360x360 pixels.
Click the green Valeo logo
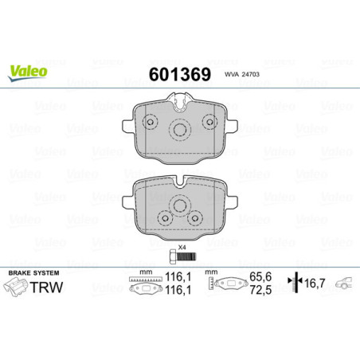pyautogui.click(x=28, y=70)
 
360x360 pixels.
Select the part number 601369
pyautogui.click(x=179, y=75)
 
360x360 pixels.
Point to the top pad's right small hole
pyautogui.click(x=210, y=121)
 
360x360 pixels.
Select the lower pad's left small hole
pyautogui.click(x=163, y=217)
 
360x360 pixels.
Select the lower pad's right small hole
pyautogui.click(x=194, y=217)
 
